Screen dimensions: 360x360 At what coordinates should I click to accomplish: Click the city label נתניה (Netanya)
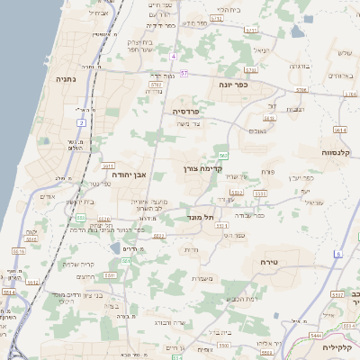67,79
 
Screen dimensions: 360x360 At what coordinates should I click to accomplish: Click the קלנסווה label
339,153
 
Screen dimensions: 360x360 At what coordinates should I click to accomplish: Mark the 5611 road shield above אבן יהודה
107,166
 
